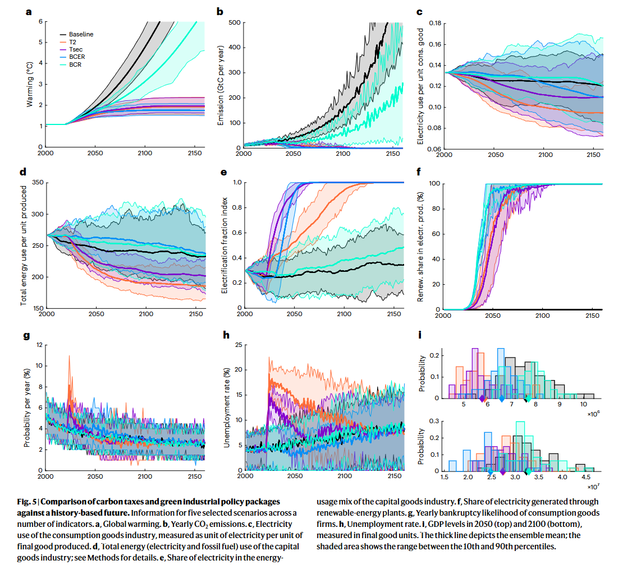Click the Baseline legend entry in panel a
(x=81, y=34)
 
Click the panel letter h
(x=226, y=335)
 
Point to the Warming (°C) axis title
(x=30, y=84)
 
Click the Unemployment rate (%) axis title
(x=227, y=407)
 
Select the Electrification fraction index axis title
(x=225, y=245)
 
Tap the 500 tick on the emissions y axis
(x=234, y=22)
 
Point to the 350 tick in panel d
(x=38, y=183)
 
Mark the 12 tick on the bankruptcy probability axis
(x=38, y=345)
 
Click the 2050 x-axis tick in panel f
(x=493, y=316)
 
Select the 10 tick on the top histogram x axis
(x=584, y=404)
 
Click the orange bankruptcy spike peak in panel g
(x=70, y=356)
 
